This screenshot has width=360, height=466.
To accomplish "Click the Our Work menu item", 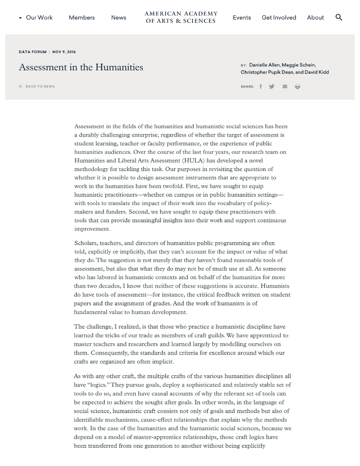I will (39, 18).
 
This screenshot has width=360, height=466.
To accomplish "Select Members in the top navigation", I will (82, 18).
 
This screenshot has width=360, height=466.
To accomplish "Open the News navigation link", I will (118, 18).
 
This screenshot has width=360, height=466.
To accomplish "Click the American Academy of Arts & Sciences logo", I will (181, 17).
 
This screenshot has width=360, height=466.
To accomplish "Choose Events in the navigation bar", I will (242, 18).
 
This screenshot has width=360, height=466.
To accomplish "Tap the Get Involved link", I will (278, 18).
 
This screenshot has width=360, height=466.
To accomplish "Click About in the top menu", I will (315, 18).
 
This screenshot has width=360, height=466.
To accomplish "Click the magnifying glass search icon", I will (339, 17).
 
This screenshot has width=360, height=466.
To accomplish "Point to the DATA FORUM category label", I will (33, 52).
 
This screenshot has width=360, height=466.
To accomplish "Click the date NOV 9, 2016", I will (64, 52).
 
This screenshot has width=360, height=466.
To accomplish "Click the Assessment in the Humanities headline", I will (81, 68).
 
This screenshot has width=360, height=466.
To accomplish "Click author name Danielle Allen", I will (264, 65).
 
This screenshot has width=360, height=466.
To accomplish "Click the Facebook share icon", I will (261, 87).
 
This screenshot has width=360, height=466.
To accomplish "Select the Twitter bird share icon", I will (272, 87).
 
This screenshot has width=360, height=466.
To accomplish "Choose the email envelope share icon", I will (285, 87).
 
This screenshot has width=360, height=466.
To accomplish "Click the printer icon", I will (298, 87).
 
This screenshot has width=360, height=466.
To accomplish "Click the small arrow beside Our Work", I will (20, 18).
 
